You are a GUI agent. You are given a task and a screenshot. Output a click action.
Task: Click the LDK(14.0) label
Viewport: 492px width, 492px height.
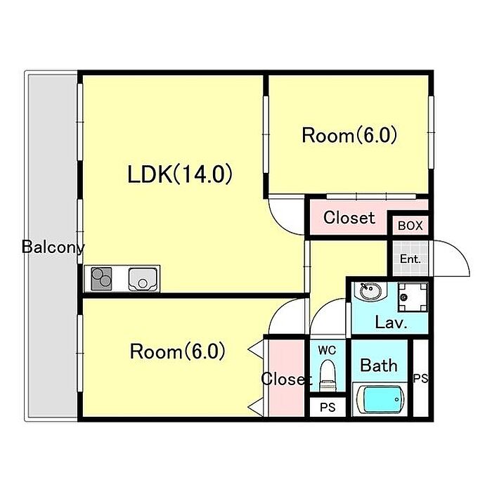click(180, 174)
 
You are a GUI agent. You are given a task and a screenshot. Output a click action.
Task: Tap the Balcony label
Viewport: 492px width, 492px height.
click(53, 247)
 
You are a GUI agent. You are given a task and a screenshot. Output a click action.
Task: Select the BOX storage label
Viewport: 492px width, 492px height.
click(410, 226)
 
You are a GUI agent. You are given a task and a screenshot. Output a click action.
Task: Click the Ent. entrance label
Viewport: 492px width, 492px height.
click(410, 259)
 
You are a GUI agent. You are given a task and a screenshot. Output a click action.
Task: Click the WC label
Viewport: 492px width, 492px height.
click(327, 350)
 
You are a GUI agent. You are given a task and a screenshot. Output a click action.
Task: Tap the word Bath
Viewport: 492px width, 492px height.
click(379, 365)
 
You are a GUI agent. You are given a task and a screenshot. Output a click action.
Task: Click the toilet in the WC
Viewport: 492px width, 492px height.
click(327, 375)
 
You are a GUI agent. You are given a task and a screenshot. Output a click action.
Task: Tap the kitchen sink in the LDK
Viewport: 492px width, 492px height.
click(143, 279)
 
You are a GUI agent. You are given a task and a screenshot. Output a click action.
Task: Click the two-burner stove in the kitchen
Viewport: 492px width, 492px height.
click(101, 278)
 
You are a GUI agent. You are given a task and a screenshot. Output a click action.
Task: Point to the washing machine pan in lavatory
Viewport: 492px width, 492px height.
click(413, 297)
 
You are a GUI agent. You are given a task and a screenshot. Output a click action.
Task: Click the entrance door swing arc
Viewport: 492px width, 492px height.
click(460, 251)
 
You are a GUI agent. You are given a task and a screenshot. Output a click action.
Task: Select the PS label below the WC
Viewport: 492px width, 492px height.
click(328, 407)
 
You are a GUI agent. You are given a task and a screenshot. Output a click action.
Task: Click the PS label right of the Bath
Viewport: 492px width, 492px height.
click(420, 378)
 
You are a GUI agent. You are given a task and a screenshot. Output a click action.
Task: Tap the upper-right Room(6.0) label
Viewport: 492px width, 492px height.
click(349, 135)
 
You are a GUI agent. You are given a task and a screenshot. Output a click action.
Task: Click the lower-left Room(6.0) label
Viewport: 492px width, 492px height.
click(177, 351)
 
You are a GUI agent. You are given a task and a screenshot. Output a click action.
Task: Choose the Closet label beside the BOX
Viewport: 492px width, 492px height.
click(349, 217)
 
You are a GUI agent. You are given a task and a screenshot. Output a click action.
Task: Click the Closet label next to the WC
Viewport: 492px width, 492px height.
click(286, 379)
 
